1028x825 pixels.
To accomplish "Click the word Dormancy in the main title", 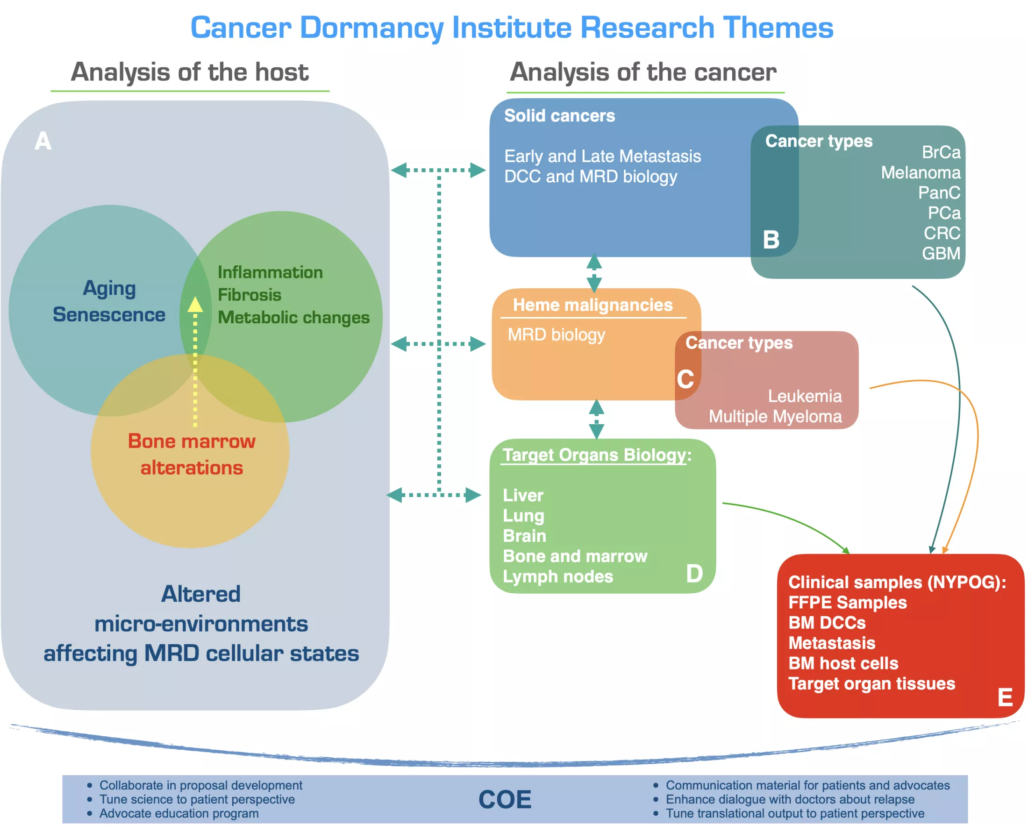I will click(371, 28).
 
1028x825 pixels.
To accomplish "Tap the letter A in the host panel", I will click(43, 142).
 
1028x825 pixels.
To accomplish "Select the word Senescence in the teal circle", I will click(109, 315).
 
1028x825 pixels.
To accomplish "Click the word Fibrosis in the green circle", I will click(250, 295).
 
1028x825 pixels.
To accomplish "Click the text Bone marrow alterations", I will click(192, 454).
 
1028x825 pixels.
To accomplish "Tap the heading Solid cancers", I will click(559, 116).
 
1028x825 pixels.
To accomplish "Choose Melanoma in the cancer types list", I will click(920, 172).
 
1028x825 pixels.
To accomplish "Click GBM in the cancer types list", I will click(941, 254).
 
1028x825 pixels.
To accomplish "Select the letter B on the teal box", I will click(771, 240).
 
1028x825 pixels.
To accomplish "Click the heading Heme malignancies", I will click(592, 305).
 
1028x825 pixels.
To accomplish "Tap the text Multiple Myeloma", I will click(775, 417).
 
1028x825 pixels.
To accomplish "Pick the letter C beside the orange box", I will click(685, 379).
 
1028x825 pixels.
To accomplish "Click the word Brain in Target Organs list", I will click(524, 536).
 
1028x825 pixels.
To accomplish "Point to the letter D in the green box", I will click(694, 573).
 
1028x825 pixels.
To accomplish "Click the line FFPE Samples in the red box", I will click(847, 603).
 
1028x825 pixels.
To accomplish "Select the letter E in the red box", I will click(1005, 698).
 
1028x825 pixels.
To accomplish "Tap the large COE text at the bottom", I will click(505, 800).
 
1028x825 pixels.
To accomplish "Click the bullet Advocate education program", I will click(179, 814).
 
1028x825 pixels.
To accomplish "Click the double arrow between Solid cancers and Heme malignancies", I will click(593, 273).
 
